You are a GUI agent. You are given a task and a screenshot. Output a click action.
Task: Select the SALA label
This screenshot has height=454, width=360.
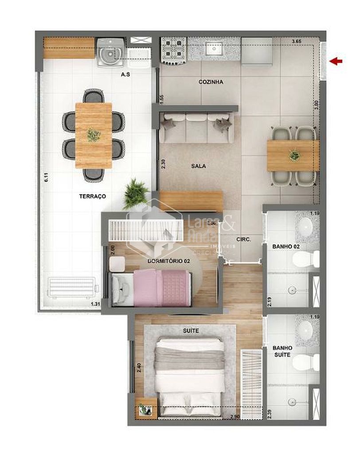tap(199, 166)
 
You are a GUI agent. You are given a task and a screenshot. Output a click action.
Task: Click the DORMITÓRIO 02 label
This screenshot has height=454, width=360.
tap(168, 262)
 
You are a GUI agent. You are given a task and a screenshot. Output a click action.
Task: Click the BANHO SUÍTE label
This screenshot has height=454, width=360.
tap(282, 352)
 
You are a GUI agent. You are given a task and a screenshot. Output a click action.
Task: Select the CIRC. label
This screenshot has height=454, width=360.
tap(244, 239)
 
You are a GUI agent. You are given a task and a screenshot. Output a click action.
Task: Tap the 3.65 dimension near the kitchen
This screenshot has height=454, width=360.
tap(297, 41)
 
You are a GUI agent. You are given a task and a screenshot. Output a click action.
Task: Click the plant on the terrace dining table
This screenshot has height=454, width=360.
tap(94, 134)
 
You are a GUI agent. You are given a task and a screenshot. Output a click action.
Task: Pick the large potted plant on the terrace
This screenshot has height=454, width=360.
tap(135, 194)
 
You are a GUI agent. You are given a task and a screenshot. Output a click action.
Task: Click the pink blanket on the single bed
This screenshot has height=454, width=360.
tap(169, 289)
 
